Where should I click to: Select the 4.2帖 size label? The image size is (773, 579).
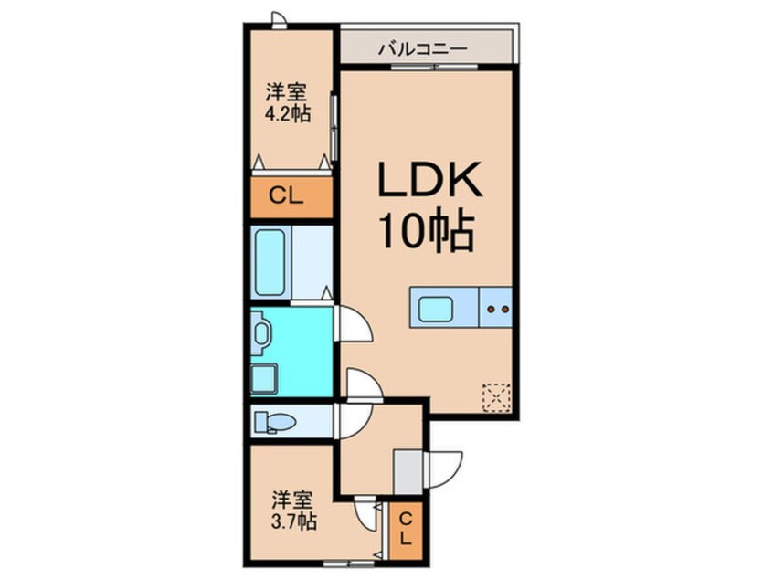[x=286, y=113]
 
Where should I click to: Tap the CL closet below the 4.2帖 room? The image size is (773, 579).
[x=287, y=195]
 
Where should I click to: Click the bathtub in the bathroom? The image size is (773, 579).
[x=270, y=261]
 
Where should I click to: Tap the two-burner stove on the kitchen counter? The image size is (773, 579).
[x=497, y=309]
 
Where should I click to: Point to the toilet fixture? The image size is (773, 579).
[x=274, y=422]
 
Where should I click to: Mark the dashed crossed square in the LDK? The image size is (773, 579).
[x=496, y=395]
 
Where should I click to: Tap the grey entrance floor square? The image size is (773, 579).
[x=407, y=471]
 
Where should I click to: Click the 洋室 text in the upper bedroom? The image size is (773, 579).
[x=286, y=92]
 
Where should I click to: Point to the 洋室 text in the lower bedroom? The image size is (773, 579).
[x=293, y=501]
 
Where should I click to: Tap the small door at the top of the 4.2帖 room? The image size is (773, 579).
[x=280, y=19]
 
